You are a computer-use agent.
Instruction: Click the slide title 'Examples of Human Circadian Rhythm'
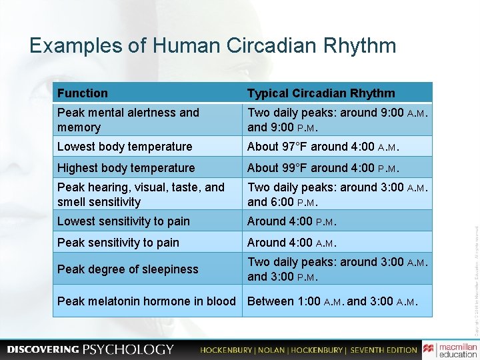tap(213, 46)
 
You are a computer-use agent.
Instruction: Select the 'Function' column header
tap(82, 93)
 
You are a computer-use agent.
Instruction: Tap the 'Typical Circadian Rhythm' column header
tap(321, 93)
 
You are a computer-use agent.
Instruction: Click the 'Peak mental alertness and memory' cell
tap(128, 120)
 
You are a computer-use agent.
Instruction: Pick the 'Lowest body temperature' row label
tap(125, 147)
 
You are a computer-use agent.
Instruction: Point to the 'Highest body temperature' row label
tap(126, 168)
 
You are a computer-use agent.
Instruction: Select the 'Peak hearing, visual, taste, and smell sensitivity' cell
tap(141, 195)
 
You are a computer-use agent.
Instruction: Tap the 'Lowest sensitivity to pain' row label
tap(123, 221)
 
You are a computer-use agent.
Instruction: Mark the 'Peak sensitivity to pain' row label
tap(118, 243)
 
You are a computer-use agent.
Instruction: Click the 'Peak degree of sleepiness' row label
tap(127, 269)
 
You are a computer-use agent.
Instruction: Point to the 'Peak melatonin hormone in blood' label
tap(146, 301)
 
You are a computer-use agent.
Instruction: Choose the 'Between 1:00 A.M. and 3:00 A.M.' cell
tap(333, 301)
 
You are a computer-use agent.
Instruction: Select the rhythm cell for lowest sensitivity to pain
tap(291, 221)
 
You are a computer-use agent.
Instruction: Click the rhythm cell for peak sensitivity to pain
tap(291, 243)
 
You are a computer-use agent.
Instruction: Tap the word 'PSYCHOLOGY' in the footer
tap(128, 349)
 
